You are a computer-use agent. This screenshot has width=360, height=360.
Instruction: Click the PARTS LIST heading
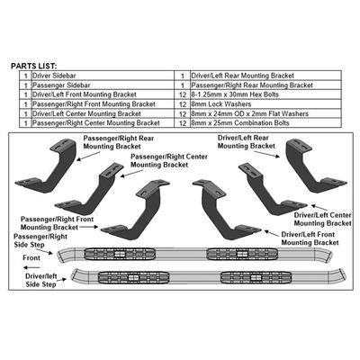33,66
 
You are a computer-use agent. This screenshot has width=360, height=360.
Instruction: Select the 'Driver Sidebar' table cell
103,76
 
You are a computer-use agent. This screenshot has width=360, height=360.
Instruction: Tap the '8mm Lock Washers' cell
265,104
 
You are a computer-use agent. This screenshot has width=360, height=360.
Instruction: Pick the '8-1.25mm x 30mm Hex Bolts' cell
265,94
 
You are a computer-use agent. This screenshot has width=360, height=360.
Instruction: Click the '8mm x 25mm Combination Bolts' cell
265,123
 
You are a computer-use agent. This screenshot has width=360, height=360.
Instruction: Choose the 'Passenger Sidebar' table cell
103,85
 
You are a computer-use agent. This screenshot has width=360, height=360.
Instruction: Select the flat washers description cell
265,113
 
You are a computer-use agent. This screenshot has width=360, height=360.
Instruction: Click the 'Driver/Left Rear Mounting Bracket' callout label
247,142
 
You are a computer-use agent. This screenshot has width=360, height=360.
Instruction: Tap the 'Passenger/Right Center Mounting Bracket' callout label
169,160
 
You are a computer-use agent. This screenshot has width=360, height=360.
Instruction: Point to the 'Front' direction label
31,257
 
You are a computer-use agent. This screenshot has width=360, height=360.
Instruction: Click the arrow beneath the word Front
31,267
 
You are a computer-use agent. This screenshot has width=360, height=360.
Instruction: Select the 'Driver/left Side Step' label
41,280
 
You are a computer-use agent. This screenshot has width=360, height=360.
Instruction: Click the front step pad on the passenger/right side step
120,254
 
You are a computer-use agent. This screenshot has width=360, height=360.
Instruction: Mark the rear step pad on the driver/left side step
256,277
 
